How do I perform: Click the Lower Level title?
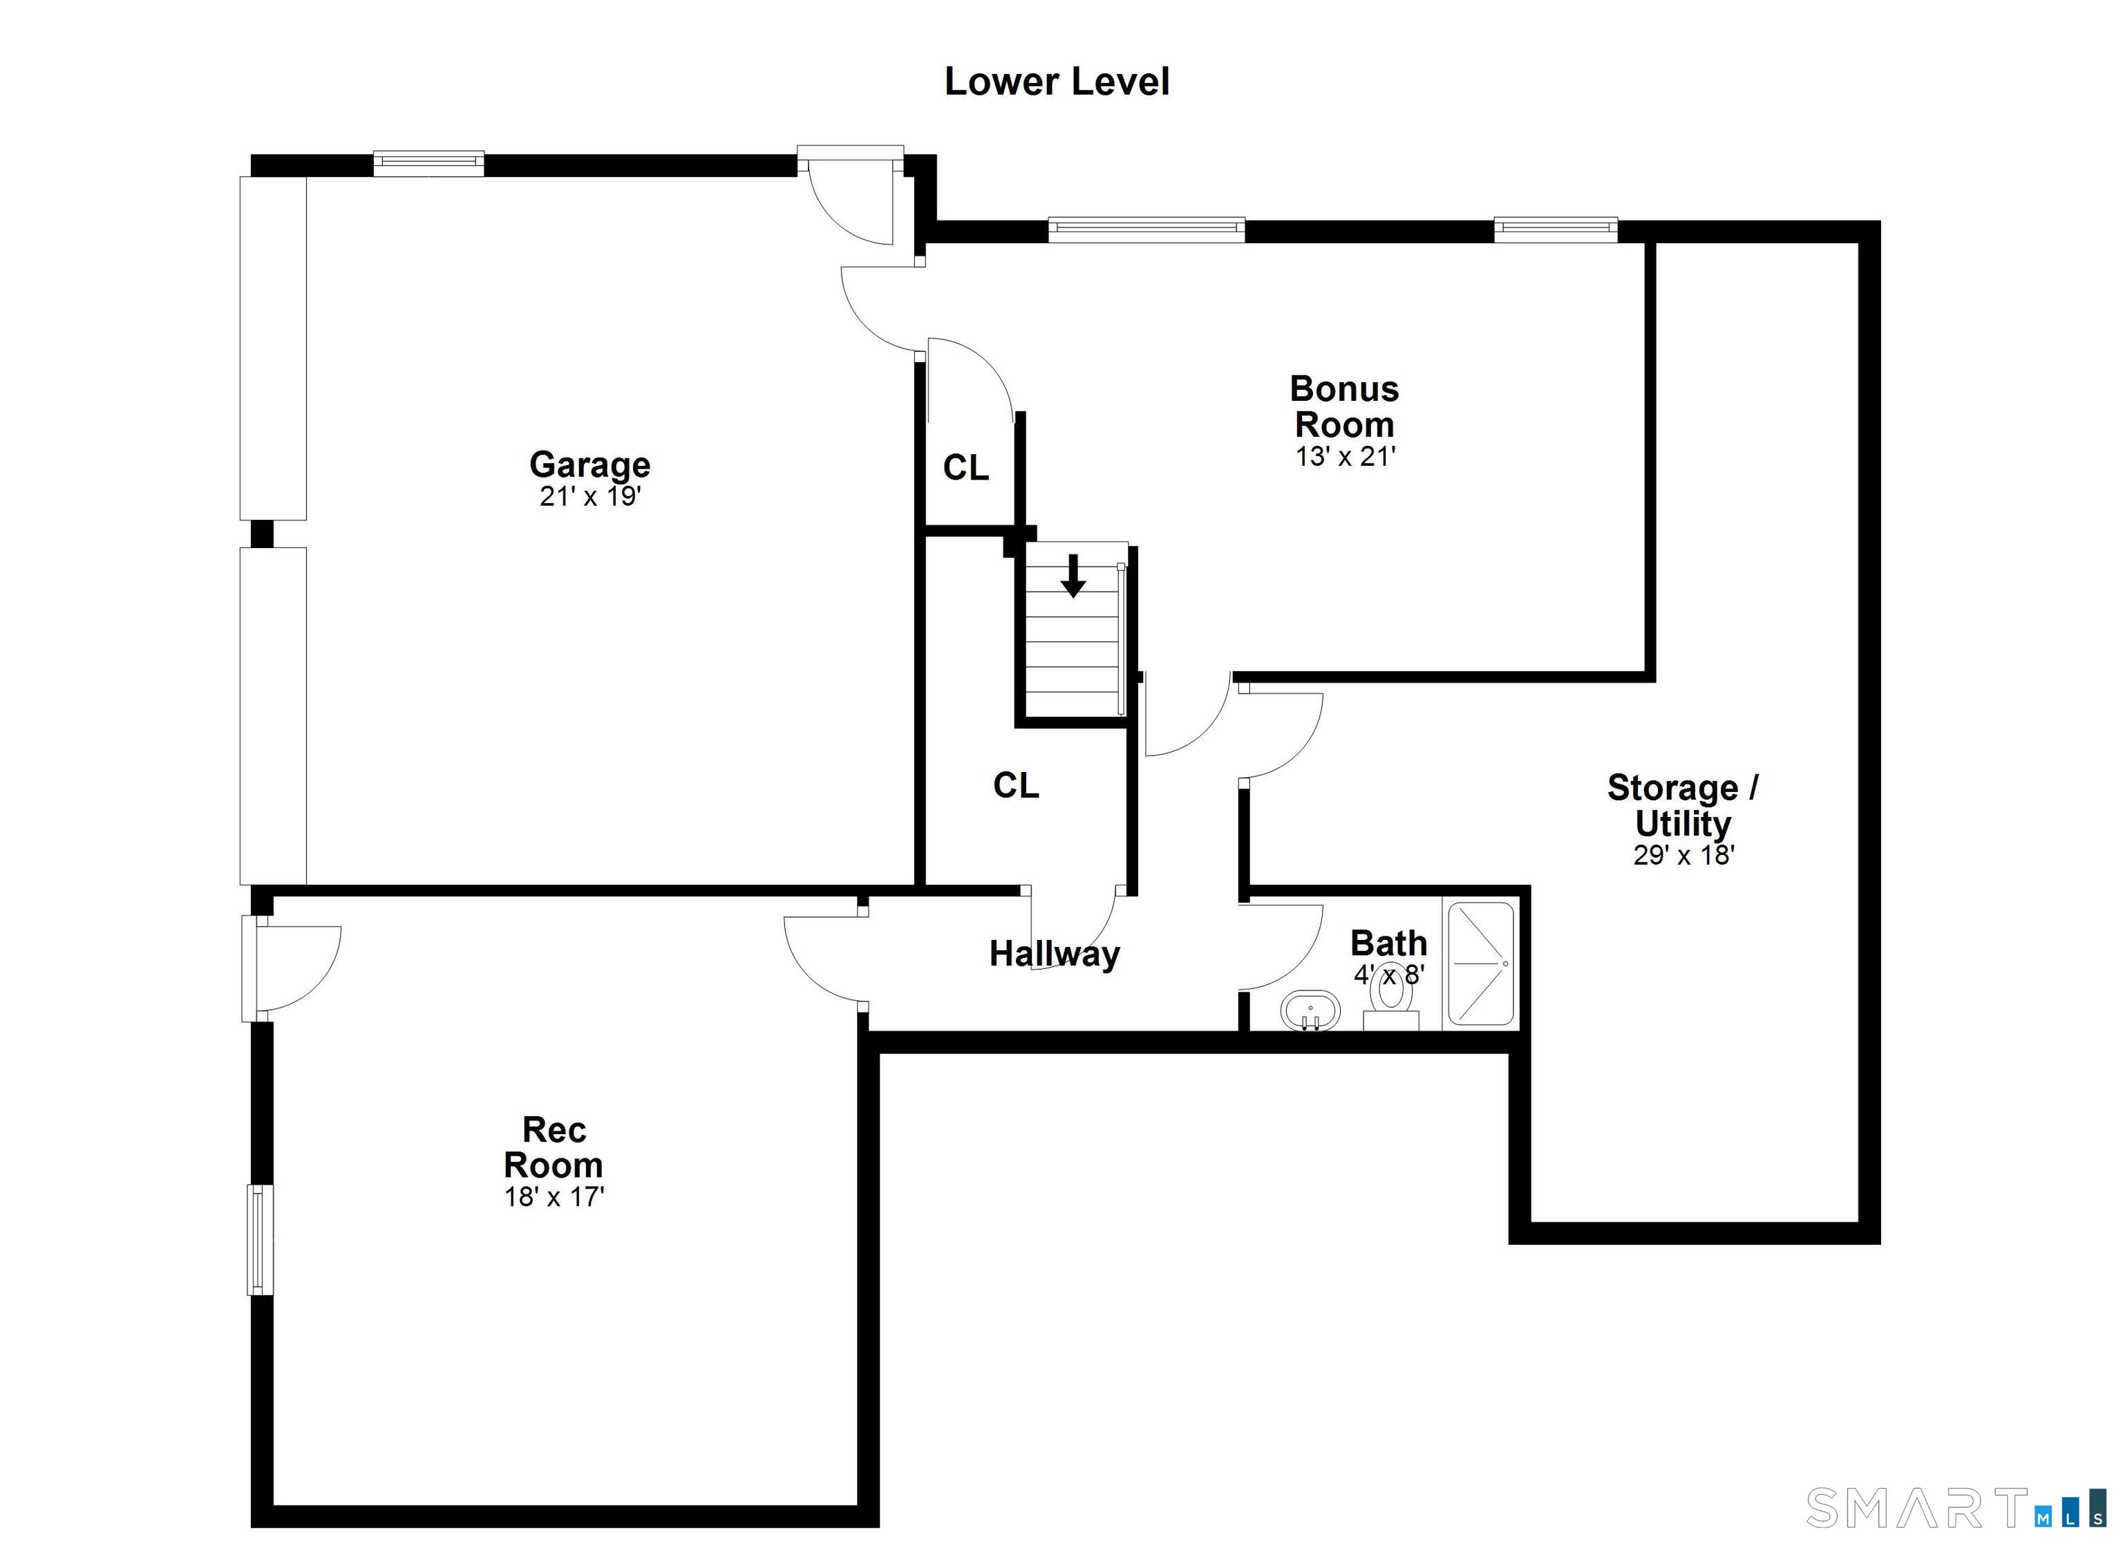click(1057, 82)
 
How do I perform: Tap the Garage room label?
click(589, 464)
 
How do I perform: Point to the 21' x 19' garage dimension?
click(589, 496)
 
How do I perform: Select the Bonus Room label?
click(1344, 406)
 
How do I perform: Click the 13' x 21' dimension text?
click(1345, 457)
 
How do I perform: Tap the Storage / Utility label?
click(1682, 805)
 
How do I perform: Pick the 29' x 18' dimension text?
click(1684, 856)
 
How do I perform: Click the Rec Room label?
click(554, 1147)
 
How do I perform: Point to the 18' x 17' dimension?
click(554, 1198)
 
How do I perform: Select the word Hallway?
click(1055, 953)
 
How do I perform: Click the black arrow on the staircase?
click(1074, 576)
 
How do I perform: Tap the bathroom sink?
click(1310, 1011)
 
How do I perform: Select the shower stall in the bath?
click(1481, 963)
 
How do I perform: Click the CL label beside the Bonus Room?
click(966, 467)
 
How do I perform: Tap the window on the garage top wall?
click(428, 164)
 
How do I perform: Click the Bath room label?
click(1389, 943)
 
